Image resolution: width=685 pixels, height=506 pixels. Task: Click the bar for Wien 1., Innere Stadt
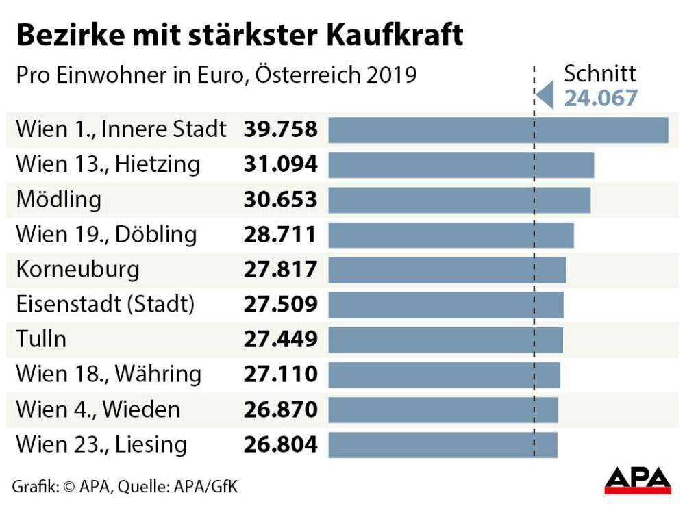(498, 130)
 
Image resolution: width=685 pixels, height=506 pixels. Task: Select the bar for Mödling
(459, 200)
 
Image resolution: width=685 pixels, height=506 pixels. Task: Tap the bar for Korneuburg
(447, 270)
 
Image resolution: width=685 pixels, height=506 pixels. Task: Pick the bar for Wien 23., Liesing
(443, 445)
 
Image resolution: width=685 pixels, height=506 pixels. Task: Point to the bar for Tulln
(445, 340)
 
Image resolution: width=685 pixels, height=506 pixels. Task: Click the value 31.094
(281, 164)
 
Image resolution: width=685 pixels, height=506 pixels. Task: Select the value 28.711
(281, 235)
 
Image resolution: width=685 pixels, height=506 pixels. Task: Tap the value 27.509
(281, 305)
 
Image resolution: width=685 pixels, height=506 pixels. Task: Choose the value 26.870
(281, 409)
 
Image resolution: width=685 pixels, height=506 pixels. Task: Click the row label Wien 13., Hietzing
(108, 164)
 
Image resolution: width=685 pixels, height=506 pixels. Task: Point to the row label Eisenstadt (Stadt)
(105, 305)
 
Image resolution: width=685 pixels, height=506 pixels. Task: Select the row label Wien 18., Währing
(109, 375)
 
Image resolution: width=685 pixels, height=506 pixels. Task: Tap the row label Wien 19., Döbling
(106, 235)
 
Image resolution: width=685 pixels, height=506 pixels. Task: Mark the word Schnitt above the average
(600, 74)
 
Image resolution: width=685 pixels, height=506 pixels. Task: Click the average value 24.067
(601, 98)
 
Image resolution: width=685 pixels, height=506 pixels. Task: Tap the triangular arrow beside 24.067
(545, 94)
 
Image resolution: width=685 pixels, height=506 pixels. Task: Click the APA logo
(637, 479)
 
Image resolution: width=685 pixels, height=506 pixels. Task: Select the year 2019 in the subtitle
(391, 74)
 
